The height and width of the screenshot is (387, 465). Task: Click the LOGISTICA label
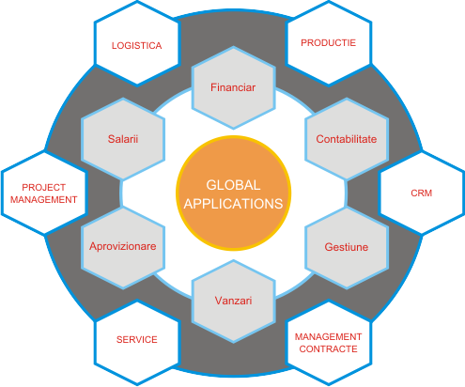137,46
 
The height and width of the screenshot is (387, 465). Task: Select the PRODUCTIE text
328,43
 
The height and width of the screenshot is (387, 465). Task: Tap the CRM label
421,193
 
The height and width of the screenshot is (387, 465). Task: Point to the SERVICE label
137,340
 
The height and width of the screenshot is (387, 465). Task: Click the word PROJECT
44,187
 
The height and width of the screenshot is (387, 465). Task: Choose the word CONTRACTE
328,348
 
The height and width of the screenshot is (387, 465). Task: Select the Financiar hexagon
233,87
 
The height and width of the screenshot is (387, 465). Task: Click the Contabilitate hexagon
347,139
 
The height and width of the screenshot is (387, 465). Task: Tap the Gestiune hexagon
347,247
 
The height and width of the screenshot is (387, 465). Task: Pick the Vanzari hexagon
233,302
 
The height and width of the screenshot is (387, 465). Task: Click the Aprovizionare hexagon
123,247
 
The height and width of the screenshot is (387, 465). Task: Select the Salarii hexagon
123,139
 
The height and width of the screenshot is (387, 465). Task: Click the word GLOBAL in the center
233,185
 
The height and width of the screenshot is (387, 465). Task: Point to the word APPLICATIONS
233,204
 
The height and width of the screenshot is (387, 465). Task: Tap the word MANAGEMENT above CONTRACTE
328,336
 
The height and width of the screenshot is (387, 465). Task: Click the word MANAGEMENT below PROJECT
44,199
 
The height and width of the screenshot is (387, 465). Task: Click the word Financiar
233,87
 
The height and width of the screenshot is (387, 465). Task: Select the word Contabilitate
347,139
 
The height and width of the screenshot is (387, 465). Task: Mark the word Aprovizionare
123,246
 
